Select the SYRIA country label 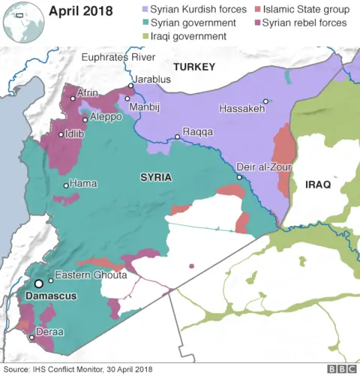(x=156, y=177)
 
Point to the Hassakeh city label (x=241, y=110)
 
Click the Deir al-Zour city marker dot (x=239, y=177)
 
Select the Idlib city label (x=74, y=134)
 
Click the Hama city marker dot (x=66, y=185)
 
